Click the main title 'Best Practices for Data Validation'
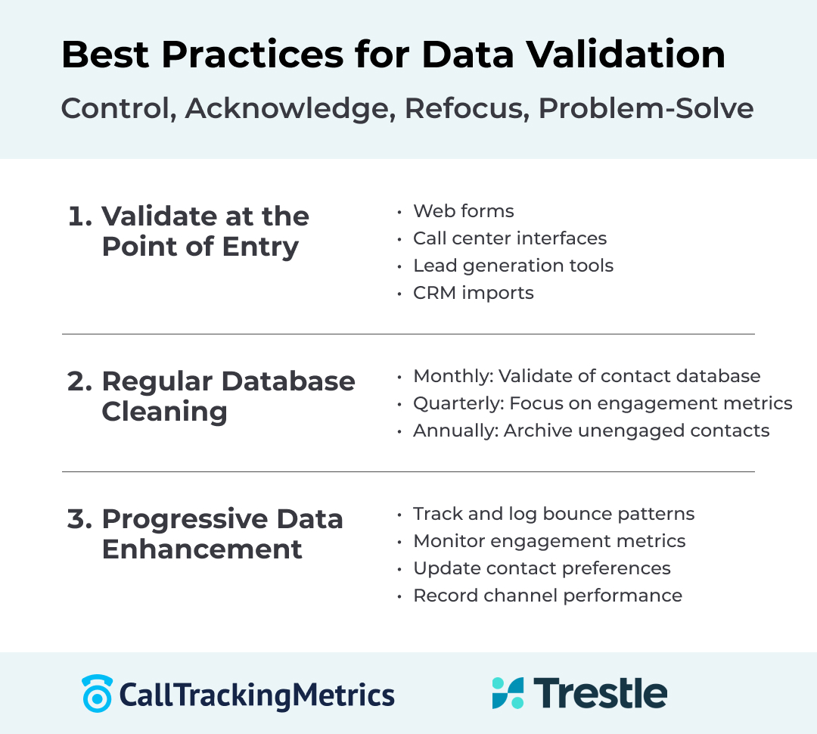(x=393, y=55)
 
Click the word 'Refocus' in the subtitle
(x=464, y=108)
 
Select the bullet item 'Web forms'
(x=463, y=211)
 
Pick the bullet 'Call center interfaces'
(x=509, y=238)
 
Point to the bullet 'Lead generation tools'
(x=513, y=266)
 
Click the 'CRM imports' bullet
(x=473, y=293)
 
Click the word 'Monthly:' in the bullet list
(x=452, y=376)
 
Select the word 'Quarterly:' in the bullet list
(x=458, y=403)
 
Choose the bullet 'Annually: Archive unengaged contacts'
(x=591, y=431)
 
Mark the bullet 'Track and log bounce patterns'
(x=553, y=514)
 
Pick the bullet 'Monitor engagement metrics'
(x=549, y=541)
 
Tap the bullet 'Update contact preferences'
(x=542, y=568)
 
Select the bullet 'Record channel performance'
(x=547, y=596)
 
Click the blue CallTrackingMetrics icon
(x=97, y=693)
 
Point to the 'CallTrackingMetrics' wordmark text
(x=257, y=695)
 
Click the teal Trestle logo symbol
(x=508, y=693)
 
